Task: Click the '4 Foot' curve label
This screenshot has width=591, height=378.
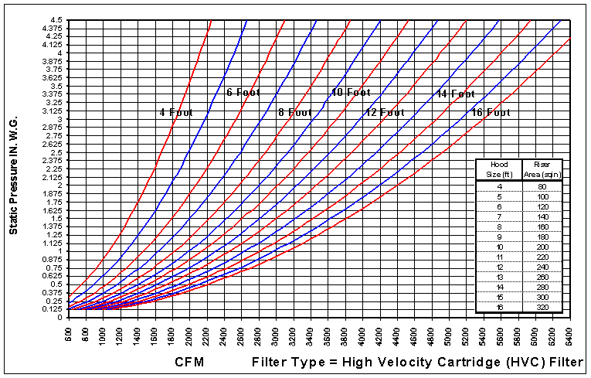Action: coord(176,112)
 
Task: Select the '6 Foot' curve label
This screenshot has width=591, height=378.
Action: coord(243,93)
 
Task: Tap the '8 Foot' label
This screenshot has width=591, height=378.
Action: coord(295,112)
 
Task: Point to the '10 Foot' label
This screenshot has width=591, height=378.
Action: coord(351,93)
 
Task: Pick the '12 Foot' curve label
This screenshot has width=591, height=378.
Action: coord(384,112)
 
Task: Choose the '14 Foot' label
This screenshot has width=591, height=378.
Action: coord(455,94)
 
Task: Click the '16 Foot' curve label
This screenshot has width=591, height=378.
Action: coord(491,112)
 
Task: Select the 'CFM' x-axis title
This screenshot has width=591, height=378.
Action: coord(190,362)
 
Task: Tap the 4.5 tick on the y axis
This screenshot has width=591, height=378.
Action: coord(56,19)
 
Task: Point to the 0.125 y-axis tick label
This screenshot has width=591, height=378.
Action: coord(53,308)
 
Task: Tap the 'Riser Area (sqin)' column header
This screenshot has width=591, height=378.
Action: coord(542,169)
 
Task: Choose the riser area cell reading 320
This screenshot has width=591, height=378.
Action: coord(542,307)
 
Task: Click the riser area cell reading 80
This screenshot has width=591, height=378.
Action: coord(542,186)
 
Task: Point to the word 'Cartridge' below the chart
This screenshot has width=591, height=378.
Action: coord(446,362)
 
